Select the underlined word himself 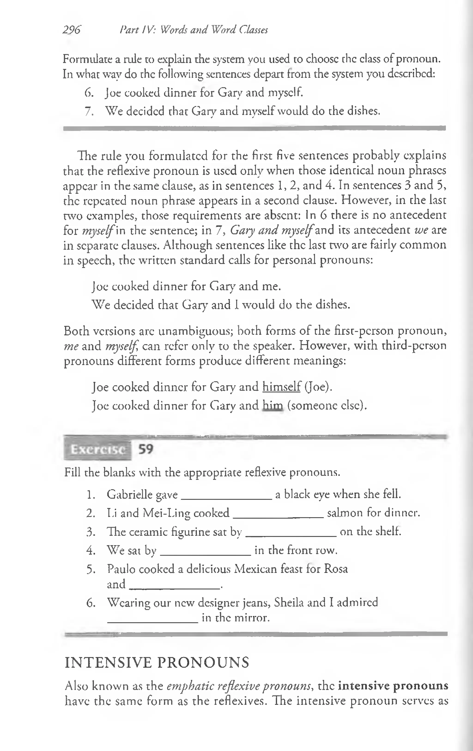pyautogui.click(x=282, y=387)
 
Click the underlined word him pyautogui.click(x=273, y=406)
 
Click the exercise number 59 pyautogui.click(x=146, y=449)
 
